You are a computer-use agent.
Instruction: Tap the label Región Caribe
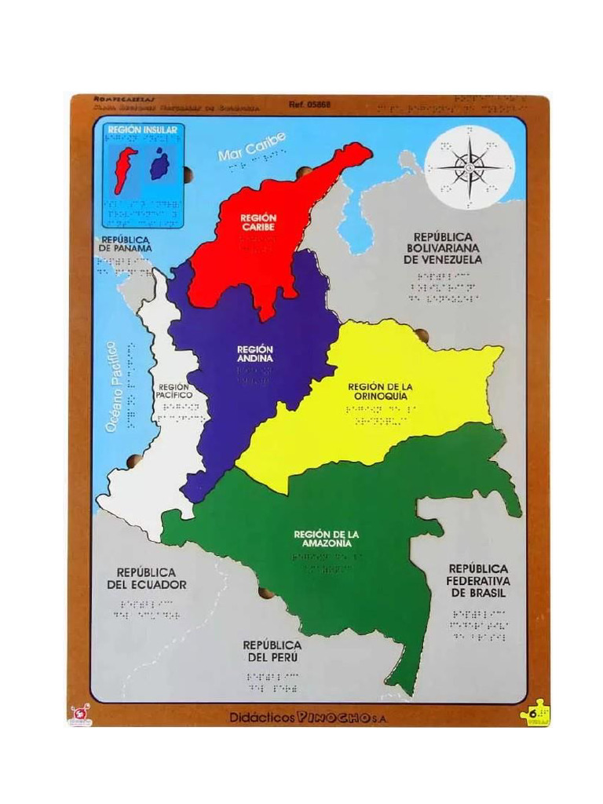pos(258,221)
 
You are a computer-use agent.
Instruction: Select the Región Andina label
pos(254,353)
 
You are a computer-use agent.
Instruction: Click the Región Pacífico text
pos(174,391)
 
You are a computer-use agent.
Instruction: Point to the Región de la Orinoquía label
pos(379,391)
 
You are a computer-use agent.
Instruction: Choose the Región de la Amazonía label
pos(323,539)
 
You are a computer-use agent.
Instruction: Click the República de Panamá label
pos(126,243)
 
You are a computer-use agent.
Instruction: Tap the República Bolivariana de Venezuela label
pos(444,247)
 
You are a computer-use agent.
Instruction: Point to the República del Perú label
pos(272,649)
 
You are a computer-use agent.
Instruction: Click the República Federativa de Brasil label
pos(477,579)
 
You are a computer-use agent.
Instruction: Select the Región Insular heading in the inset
pos(142,129)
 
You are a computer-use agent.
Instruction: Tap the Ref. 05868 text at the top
pos(309,104)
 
